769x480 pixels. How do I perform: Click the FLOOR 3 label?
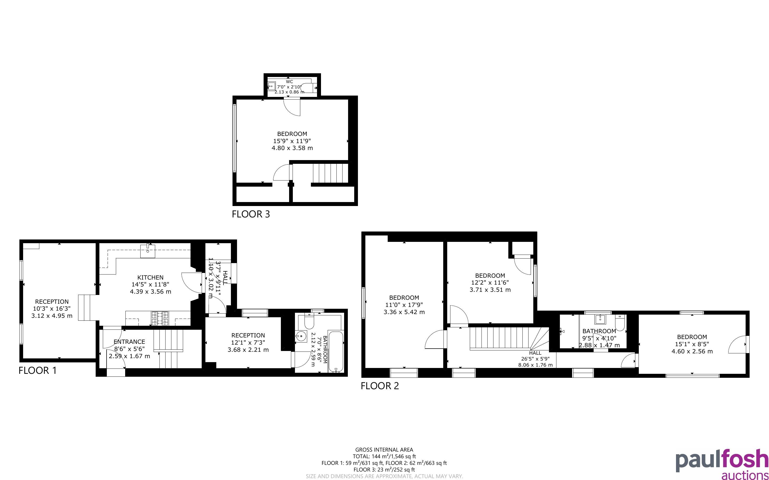click(x=251, y=214)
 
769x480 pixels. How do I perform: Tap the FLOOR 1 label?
click(x=37, y=370)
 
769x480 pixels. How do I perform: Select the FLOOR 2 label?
click(x=379, y=386)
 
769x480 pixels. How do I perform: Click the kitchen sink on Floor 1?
click(x=148, y=251)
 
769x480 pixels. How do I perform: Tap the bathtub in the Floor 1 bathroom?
click(x=336, y=352)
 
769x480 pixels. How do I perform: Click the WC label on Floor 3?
click(x=289, y=82)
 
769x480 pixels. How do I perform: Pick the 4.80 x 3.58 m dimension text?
click(x=292, y=148)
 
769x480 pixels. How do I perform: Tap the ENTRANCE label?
click(x=129, y=342)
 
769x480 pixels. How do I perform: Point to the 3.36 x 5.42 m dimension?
click(x=404, y=312)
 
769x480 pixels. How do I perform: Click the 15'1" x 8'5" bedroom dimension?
click(x=692, y=344)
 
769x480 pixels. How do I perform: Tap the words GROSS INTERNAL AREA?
click(x=384, y=450)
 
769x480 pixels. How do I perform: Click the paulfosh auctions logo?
click(x=722, y=464)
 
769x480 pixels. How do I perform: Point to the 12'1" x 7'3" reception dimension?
click(x=248, y=342)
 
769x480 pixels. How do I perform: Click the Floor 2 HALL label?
click(x=535, y=353)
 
